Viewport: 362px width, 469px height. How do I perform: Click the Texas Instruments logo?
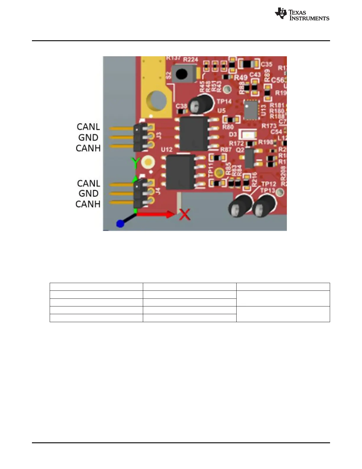pyautogui.click(x=302, y=14)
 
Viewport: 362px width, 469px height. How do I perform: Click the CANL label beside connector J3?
pyautogui.click(x=88, y=127)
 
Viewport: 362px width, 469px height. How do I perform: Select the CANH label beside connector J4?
pyautogui.click(x=88, y=204)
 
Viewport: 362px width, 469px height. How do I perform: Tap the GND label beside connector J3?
pyautogui.click(x=88, y=137)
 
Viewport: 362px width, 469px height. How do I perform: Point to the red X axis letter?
pyautogui.click(x=185, y=214)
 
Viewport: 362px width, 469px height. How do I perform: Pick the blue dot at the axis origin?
pyautogui.click(x=120, y=224)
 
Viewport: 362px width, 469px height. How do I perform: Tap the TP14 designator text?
pyautogui.click(x=224, y=102)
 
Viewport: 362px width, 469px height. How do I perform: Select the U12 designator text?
pyautogui.click(x=167, y=150)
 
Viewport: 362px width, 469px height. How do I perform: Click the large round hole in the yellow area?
pyautogui.click(x=157, y=100)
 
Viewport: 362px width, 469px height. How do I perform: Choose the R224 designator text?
pyautogui.click(x=190, y=60)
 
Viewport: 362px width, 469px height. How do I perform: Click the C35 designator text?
pyautogui.click(x=266, y=64)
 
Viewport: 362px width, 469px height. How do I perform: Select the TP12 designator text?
pyautogui.click(x=269, y=184)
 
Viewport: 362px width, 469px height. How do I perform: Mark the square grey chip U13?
pyautogui.click(x=251, y=110)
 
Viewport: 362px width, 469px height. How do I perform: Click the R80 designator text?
pyautogui.click(x=228, y=127)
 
